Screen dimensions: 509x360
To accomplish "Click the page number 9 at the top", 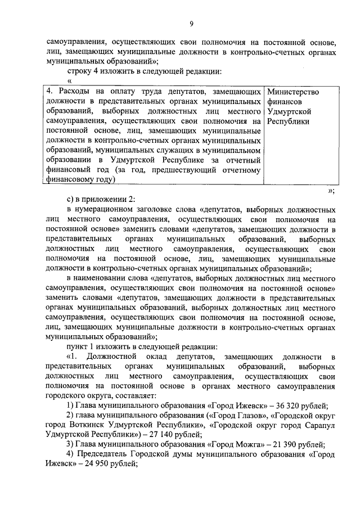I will tap(191, 23).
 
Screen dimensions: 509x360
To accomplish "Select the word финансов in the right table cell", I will tap(283, 102).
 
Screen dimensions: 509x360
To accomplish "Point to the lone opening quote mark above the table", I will tap(69, 82).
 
